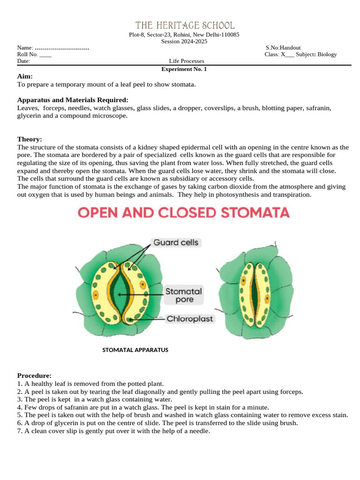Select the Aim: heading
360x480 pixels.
(25, 76)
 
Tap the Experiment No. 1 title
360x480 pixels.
(184, 69)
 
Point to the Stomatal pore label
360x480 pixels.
(184, 295)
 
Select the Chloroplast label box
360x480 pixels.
(190, 319)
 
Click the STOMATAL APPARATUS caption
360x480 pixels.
(135, 350)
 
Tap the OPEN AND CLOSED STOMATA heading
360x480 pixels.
(183, 213)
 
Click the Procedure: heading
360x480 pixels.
(34, 375)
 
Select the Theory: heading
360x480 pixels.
(30, 139)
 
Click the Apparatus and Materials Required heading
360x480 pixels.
(72, 100)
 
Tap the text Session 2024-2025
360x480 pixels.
(184, 41)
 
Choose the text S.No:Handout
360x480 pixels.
(283, 48)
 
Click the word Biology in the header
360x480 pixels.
(327, 54)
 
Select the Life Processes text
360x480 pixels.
(187, 61)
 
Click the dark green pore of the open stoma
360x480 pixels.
(120, 293)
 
